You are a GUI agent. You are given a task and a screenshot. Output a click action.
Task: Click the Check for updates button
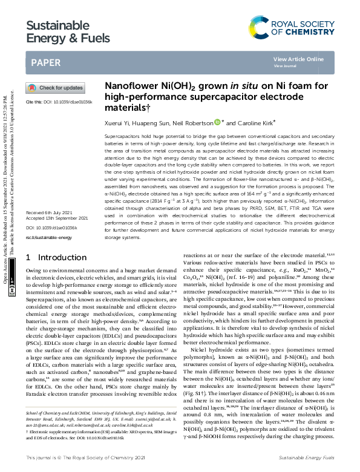51,88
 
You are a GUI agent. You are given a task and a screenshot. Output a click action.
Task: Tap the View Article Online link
298,59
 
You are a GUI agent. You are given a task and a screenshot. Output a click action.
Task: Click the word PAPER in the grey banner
45,62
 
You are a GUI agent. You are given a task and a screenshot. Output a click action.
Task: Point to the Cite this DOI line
59,102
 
